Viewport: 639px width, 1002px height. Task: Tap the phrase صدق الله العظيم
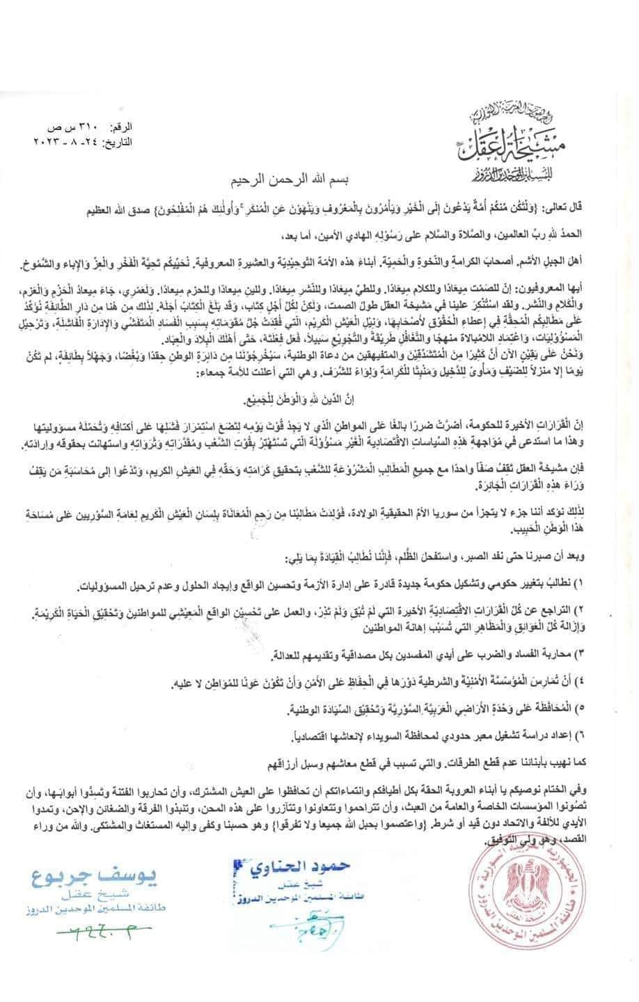click(93, 208)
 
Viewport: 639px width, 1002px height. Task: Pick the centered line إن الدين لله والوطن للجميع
click(319, 401)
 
